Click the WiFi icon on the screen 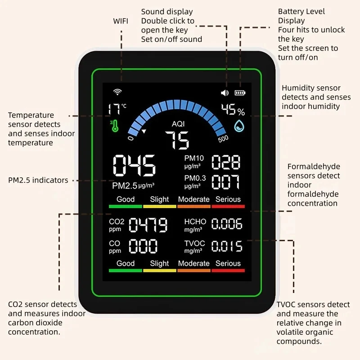(117, 92)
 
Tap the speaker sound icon (225, 93)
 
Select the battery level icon (240, 93)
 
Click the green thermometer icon (115, 126)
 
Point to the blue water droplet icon (239, 126)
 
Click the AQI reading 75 (177, 140)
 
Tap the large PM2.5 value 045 (134, 165)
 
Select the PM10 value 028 (226, 162)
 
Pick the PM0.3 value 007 (226, 182)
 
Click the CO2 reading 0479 (148, 225)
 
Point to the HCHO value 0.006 (227, 224)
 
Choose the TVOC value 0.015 (227, 246)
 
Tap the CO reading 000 (143, 246)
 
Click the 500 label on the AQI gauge (223, 139)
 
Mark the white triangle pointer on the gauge (144, 131)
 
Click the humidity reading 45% (233, 109)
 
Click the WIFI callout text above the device (121, 21)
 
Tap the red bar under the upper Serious (228, 207)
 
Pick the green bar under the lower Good (126, 270)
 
